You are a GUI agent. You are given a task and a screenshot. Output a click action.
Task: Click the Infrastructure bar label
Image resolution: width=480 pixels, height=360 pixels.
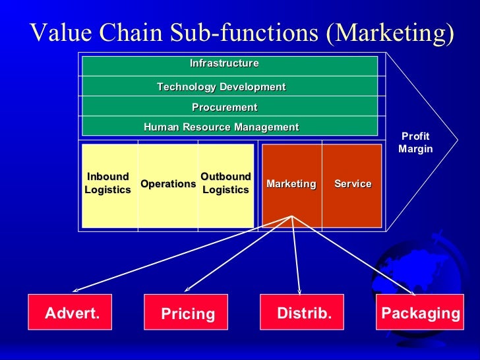pyautogui.click(x=224, y=63)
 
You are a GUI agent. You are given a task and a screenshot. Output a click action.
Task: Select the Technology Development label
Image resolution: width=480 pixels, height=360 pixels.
pyautogui.click(x=221, y=87)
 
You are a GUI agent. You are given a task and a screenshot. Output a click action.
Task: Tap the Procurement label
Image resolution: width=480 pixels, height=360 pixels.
pyautogui.click(x=224, y=107)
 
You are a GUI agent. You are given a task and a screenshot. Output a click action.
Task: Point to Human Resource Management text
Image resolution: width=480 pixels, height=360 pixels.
pyautogui.click(x=221, y=127)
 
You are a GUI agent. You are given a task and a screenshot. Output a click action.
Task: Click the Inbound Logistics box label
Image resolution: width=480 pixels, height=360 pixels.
pyautogui.click(x=107, y=183)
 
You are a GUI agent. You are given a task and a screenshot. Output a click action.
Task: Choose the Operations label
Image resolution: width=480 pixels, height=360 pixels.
pyautogui.click(x=168, y=184)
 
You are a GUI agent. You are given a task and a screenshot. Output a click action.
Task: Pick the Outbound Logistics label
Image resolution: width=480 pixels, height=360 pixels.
pyautogui.click(x=225, y=183)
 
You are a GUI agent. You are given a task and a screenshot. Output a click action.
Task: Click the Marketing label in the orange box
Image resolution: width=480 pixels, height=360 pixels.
pyautogui.click(x=291, y=184)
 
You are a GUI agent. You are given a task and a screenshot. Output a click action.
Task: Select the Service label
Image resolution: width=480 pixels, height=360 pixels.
pyautogui.click(x=353, y=184)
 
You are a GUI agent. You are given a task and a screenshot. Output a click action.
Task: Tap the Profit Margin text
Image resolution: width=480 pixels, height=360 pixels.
pyautogui.click(x=415, y=142)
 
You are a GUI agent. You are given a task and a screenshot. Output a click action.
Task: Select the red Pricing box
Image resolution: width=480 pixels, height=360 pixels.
pyautogui.click(x=186, y=313)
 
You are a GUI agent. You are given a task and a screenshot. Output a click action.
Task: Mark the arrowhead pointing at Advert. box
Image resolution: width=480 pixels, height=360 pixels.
pyautogui.click(x=75, y=290)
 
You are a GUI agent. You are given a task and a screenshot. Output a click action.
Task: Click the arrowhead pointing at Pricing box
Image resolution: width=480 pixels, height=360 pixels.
pyautogui.click(x=187, y=289)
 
